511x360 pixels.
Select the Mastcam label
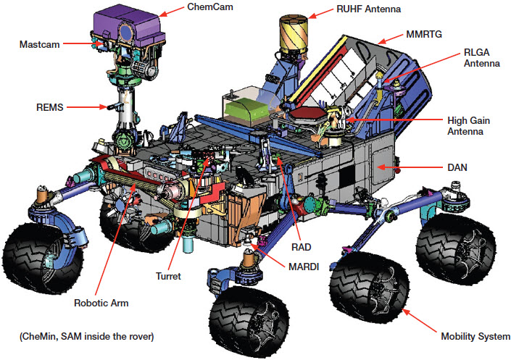click(x=38, y=44)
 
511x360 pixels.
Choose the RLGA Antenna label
click(x=481, y=58)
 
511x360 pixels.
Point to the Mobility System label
click(x=475, y=336)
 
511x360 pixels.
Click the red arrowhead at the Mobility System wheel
click(x=406, y=311)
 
